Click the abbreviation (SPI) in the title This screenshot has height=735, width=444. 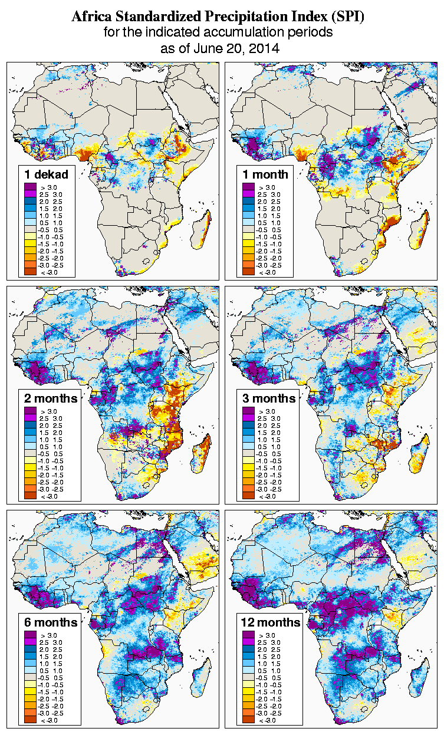[346, 17]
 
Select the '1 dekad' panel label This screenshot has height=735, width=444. [47, 174]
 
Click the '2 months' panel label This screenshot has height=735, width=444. [51, 398]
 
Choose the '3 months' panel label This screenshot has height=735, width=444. [269, 398]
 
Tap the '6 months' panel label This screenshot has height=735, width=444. [51, 622]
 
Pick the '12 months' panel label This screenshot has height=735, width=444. [271, 622]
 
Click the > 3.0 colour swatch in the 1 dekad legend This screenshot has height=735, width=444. [30, 187]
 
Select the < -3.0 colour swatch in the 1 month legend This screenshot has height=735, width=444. [248, 272]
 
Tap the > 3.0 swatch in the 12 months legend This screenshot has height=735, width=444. [248, 635]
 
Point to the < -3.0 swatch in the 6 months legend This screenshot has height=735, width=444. [30, 720]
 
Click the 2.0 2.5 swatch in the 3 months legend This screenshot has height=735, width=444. [248, 425]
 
